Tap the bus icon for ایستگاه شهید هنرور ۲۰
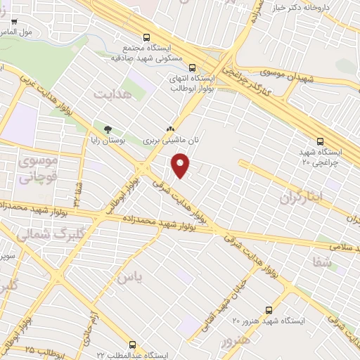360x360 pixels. (269, 310)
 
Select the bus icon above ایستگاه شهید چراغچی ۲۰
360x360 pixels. (320, 141)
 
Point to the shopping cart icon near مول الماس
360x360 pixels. (14, 22)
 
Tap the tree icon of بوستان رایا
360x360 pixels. (107, 129)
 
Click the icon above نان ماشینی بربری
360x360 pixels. (169, 129)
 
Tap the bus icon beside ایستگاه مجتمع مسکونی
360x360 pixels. (146, 37)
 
